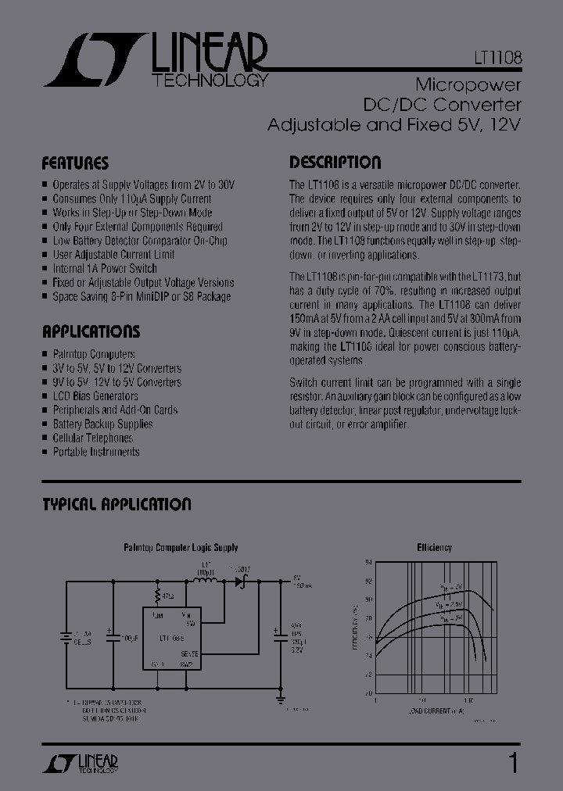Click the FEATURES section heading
(x=75, y=164)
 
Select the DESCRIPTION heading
(x=335, y=163)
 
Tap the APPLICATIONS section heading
(x=91, y=331)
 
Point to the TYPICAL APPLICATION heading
(x=117, y=505)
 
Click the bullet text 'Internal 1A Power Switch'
(x=105, y=269)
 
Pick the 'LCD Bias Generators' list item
(x=95, y=396)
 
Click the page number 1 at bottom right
(x=513, y=762)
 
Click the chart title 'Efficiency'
(x=434, y=548)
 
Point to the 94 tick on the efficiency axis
(x=369, y=562)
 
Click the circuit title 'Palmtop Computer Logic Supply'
(x=181, y=548)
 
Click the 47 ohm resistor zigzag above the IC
(x=158, y=596)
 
